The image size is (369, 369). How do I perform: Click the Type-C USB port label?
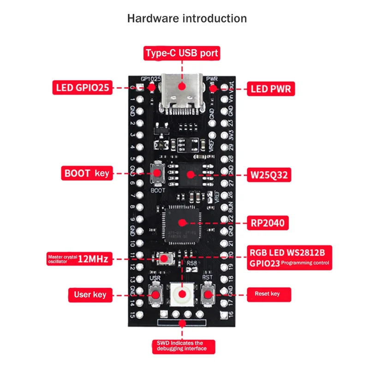pos(182,53)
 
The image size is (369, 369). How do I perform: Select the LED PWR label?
pos(270,88)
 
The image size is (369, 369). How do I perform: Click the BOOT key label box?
pos(86,173)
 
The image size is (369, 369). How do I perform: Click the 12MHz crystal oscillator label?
pos(78,259)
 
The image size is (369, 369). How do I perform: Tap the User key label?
pos(90,294)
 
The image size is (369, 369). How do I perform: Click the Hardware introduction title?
pos(187,19)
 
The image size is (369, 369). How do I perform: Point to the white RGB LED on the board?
pos(182,294)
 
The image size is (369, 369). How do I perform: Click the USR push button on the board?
pos(155,294)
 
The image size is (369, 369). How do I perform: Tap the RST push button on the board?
pos(208,294)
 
